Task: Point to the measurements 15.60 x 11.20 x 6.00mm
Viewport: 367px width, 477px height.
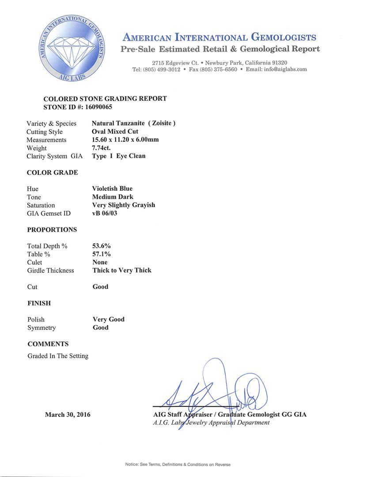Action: (x=125, y=140)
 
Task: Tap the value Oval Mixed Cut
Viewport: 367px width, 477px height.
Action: (x=115, y=132)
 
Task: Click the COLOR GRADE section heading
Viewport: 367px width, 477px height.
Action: (x=53, y=172)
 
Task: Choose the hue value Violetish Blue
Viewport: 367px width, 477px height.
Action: (x=112, y=189)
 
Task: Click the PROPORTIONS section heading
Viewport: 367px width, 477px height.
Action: (x=52, y=230)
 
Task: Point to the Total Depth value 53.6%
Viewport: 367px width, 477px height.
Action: (x=102, y=246)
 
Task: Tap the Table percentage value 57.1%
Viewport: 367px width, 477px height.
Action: (x=102, y=254)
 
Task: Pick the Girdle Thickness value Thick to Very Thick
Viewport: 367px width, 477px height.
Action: (x=122, y=270)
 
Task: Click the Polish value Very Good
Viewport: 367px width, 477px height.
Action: (x=109, y=319)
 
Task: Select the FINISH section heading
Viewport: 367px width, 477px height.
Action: (x=39, y=303)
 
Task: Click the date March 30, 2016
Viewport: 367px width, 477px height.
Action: (x=68, y=415)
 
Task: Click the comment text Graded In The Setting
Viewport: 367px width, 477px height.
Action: (x=58, y=356)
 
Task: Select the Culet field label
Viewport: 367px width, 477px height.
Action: (x=35, y=262)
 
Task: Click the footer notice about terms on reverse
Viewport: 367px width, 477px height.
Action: (x=178, y=464)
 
